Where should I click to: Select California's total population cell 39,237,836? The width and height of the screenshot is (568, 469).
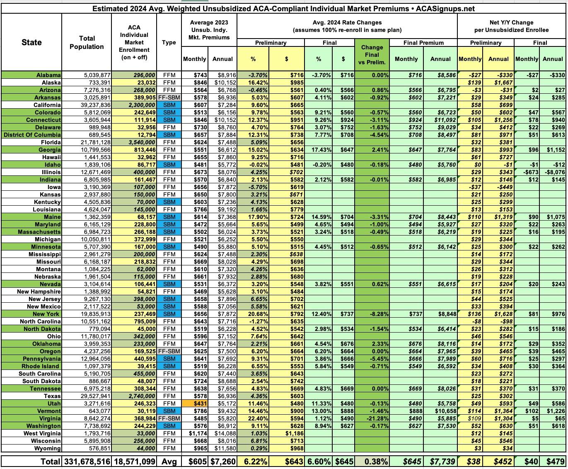coord(94,105)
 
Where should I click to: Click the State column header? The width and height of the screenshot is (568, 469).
coord(31,42)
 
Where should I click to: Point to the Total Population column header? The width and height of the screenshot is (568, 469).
coord(87,42)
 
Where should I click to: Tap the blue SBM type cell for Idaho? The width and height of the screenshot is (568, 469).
coord(169,165)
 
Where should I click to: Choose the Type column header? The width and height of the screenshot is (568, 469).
coord(169,42)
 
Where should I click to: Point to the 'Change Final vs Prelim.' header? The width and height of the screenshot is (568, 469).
coord(372,55)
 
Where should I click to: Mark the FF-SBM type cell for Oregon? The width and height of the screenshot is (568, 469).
coord(169,351)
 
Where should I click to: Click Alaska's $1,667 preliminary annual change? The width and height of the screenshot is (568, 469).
coord(500,83)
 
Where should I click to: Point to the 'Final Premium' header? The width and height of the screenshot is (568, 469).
coord(423,43)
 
